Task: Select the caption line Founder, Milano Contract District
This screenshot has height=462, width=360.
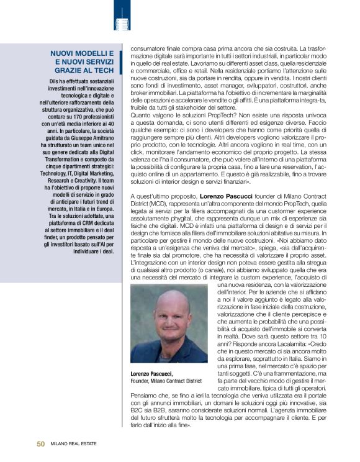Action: (166, 381)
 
